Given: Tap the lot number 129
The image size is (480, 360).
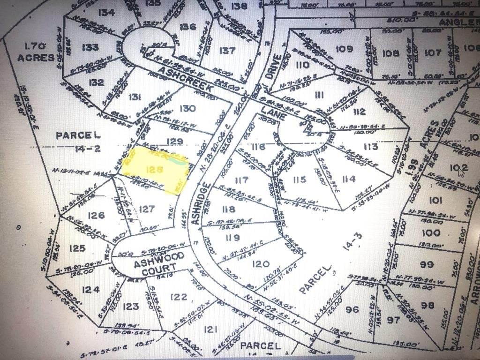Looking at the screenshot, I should click(x=174, y=141).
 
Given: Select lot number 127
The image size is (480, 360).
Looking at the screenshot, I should click(x=147, y=209).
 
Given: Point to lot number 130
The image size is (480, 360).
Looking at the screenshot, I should click(x=187, y=108).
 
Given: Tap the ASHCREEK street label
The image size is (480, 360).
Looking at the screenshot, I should click(x=186, y=79).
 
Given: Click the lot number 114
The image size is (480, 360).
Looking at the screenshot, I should click(x=349, y=178).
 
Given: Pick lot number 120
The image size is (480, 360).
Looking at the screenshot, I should click(x=261, y=264).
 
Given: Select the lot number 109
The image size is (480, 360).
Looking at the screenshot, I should click(x=344, y=49).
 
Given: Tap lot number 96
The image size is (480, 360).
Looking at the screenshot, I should click(x=352, y=309).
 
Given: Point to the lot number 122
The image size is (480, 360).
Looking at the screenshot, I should click(x=179, y=297).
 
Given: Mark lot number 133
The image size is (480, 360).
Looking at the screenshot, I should click(x=90, y=47).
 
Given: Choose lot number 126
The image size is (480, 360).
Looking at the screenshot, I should click(x=96, y=215).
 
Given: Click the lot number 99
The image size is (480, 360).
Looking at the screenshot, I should click(x=427, y=264).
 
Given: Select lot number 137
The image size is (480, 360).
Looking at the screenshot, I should click(x=227, y=50).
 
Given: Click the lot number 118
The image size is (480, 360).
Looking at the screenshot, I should click(x=229, y=209).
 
